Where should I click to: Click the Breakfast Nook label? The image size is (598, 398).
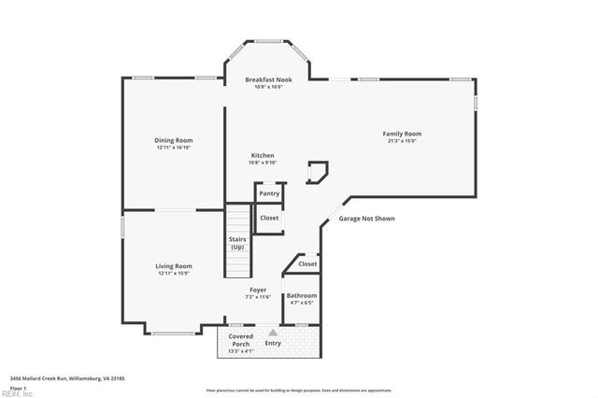tap(269, 79)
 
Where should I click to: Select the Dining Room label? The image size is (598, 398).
tap(174, 140)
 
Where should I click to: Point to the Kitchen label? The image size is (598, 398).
tap(263, 155)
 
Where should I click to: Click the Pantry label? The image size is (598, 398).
tap(269, 193)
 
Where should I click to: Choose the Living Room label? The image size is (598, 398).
tap(174, 266)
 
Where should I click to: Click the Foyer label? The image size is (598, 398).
tap(258, 290)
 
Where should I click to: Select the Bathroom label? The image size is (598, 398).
tap(301, 295)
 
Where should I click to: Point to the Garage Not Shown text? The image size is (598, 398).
tap(366, 219)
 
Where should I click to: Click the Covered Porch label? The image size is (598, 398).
tap(241, 338)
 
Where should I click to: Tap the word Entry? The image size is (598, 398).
tap(273, 343)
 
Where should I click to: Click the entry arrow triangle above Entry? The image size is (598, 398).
tap(273, 331)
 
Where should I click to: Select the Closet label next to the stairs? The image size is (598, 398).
tap(269, 218)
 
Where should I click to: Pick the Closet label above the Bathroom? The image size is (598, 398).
tap(307, 263)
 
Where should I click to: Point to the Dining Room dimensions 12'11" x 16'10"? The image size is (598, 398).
tap(174, 148)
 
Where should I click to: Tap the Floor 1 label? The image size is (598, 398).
tap(19, 388)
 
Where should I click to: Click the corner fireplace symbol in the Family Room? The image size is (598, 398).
tap(319, 171)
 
